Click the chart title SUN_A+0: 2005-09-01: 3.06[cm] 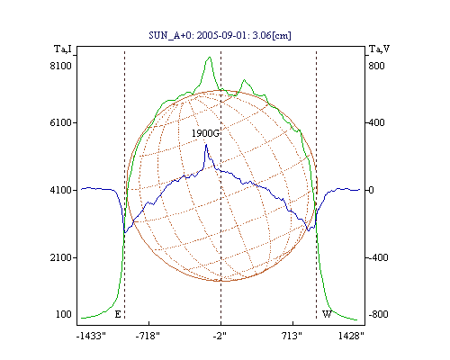click(220, 35)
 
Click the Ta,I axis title click(63, 49)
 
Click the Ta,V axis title click(379, 49)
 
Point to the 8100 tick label click(61, 66)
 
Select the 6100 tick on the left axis click(61, 122)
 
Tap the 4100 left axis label click(61, 190)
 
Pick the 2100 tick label click(61, 257)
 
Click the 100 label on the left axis click(64, 314)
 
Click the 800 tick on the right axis click(376, 66)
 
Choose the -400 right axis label click(378, 257)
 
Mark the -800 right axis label click(378, 314)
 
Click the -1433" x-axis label click(91, 336)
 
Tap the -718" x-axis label click(148, 336)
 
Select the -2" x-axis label click(220, 336)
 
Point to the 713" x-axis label click(292, 336)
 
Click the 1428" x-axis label click(351, 336)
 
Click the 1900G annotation click(205, 133)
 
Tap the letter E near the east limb click(118, 314)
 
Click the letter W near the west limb click(327, 314)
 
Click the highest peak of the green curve click(210, 57)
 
